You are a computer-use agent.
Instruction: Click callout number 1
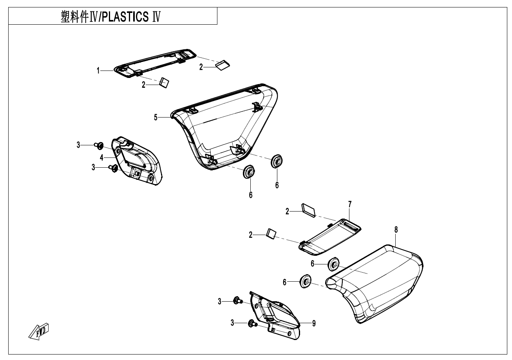click(99, 71)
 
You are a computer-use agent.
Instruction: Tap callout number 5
click(156, 117)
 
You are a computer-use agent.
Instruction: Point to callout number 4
click(101, 157)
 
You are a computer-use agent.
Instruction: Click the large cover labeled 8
click(376, 282)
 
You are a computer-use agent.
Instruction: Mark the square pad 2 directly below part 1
click(165, 83)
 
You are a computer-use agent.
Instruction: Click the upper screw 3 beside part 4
click(98, 146)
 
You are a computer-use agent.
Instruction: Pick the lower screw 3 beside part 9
click(251, 324)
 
